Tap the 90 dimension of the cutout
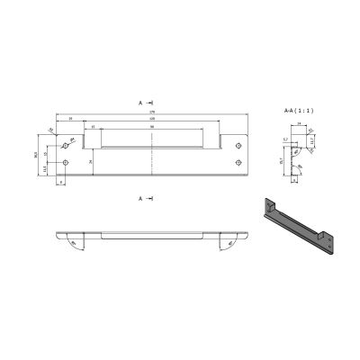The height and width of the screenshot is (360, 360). pos(151,127)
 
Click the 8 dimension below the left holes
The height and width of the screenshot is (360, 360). pos(59,181)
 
